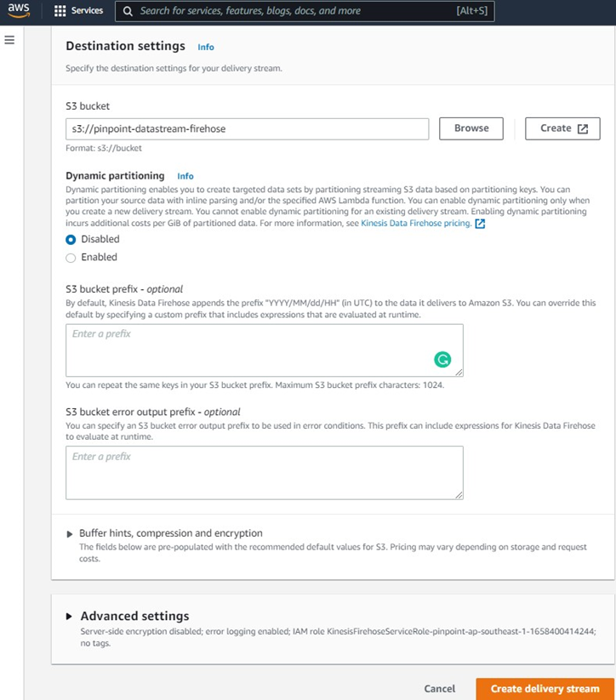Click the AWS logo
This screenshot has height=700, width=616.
(19, 10)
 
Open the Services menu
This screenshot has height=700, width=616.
(78, 11)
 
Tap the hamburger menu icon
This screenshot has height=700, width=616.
(9, 40)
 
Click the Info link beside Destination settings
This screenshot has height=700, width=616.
(206, 47)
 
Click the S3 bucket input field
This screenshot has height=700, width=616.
(247, 128)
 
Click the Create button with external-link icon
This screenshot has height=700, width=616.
(563, 128)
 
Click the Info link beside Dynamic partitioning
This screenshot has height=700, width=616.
(185, 176)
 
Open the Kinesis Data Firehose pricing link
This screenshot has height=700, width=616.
(416, 224)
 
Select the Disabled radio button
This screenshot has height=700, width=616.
(71, 239)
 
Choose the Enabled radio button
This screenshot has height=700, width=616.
(71, 258)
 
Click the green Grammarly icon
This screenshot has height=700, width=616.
(442, 359)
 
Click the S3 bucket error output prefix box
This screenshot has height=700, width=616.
(264, 472)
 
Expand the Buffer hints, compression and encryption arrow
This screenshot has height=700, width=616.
(70, 533)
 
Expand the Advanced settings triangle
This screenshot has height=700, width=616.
(69, 617)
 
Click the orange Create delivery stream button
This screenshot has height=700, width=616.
(545, 689)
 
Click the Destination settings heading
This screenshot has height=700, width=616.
(125, 46)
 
